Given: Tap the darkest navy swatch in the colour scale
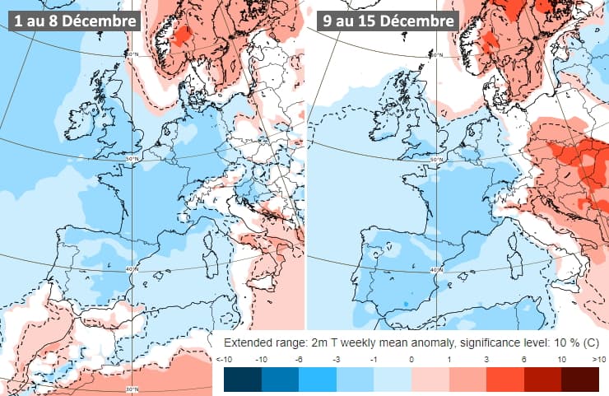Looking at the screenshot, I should [x=242, y=380].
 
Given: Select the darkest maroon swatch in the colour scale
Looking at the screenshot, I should [x=580, y=380].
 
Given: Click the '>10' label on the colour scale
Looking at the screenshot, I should [x=598, y=359].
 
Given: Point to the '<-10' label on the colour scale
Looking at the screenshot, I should [x=224, y=359].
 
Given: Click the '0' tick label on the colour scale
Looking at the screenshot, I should [x=411, y=359].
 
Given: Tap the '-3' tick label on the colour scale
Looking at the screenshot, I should [x=337, y=359].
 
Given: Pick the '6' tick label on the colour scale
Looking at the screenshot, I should [x=523, y=359].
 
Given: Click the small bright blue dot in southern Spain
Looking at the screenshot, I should [x=407, y=305].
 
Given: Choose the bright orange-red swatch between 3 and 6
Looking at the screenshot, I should [x=505, y=380].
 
